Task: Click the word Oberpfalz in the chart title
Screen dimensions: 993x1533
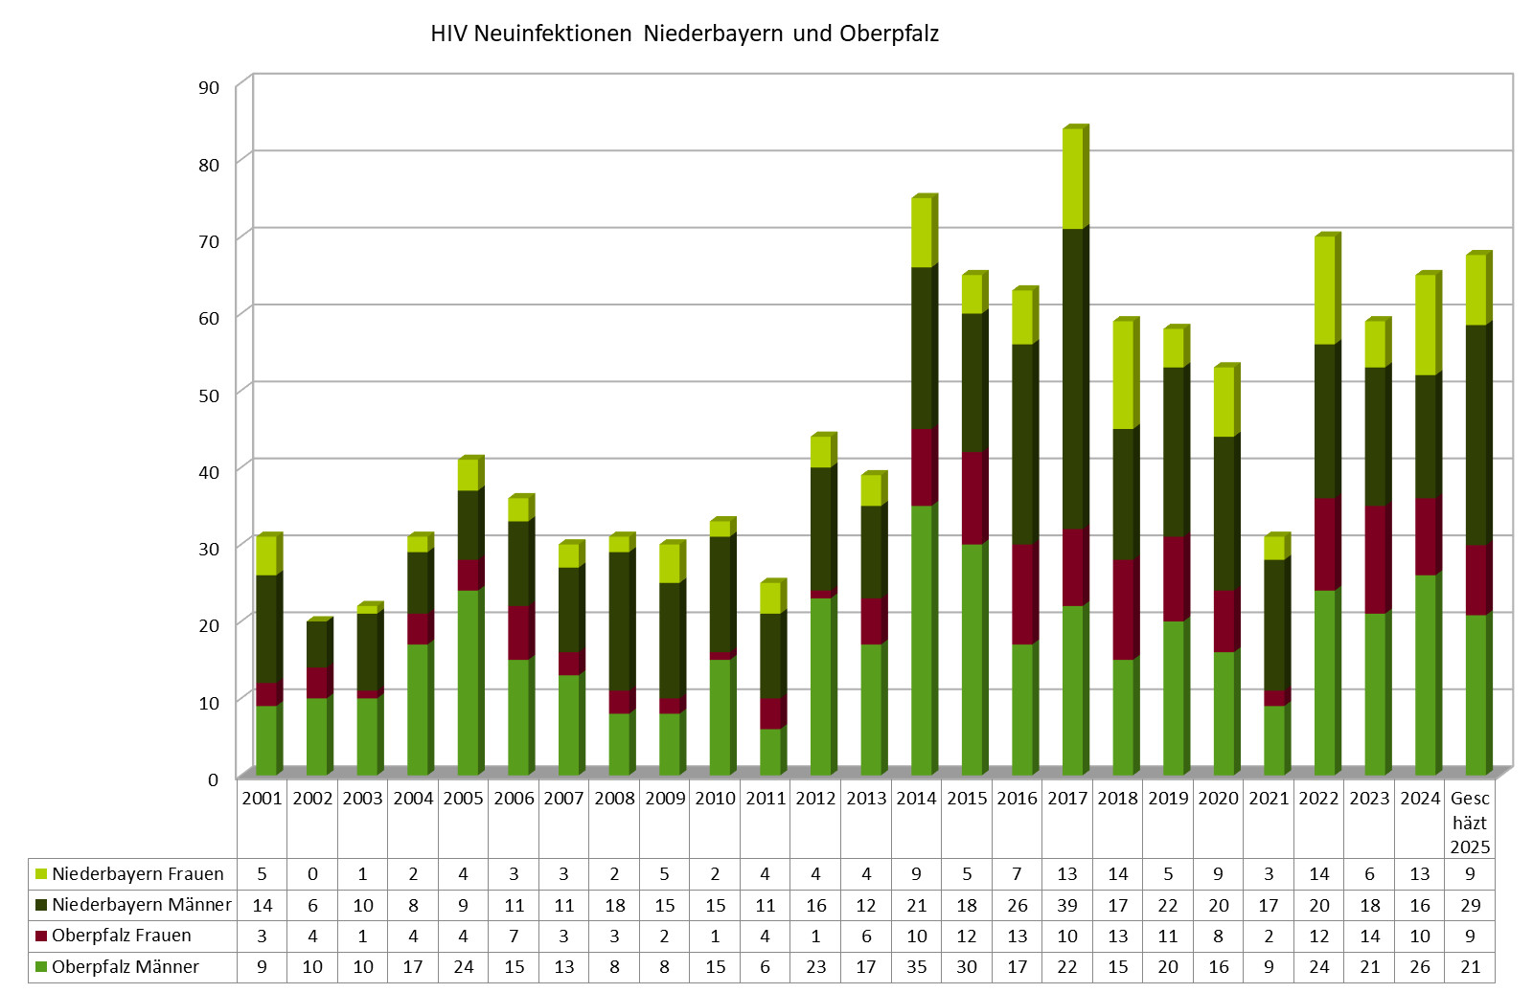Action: (x=888, y=34)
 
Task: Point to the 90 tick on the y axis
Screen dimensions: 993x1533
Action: (x=209, y=87)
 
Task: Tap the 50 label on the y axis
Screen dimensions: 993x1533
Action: (x=209, y=395)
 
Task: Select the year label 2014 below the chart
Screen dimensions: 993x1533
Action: (x=916, y=799)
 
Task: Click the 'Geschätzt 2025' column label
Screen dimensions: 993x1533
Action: (x=1470, y=823)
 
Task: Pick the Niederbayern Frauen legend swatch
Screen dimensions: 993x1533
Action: (x=41, y=874)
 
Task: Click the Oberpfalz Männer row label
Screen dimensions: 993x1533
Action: (x=125, y=967)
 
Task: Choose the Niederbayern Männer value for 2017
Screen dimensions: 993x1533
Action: (x=1067, y=905)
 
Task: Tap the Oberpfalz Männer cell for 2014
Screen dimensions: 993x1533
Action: (x=916, y=967)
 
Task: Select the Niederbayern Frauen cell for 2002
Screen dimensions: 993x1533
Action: (x=312, y=874)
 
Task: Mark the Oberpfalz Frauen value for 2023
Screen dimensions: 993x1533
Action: (x=1369, y=937)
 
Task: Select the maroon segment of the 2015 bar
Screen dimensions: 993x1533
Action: (x=972, y=498)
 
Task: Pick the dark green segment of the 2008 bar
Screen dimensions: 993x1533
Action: (x=620, y=621)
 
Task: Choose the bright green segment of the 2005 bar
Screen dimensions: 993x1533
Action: (x=468, y=682)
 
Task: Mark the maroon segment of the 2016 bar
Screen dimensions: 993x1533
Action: (x=1022, y=594)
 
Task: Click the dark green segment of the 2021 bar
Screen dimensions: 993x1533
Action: (x=1274, y=624)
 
